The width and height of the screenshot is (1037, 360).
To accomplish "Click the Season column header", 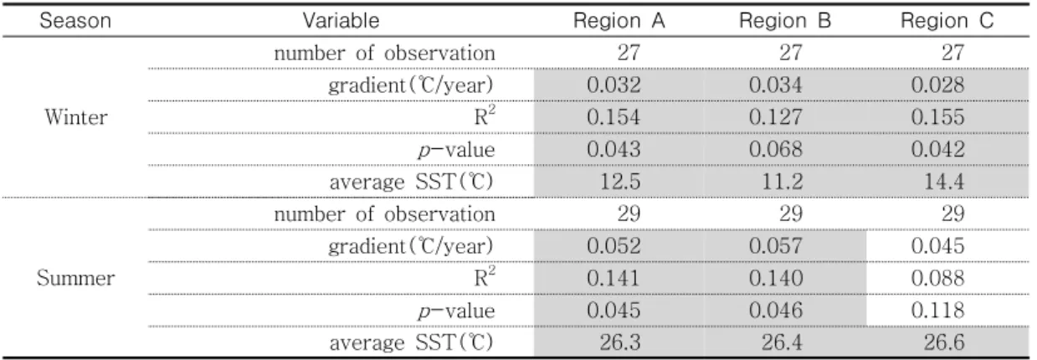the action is click(75, 21).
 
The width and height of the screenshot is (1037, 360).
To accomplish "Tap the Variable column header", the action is click(341, 21).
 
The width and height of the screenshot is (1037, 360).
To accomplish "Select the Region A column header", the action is click(619, 21).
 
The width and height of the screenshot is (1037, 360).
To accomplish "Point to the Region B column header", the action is click(785, 21).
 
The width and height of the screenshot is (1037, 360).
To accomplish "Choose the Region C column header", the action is click(947, 21).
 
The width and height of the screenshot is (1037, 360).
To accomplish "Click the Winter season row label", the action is click(76, 117).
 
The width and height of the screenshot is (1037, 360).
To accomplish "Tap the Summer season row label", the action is click(75, 278).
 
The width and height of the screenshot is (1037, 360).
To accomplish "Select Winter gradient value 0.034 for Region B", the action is click(775, 85).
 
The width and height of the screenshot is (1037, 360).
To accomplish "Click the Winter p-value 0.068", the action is click(775, 149).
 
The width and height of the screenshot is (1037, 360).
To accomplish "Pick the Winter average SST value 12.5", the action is click(620, 182).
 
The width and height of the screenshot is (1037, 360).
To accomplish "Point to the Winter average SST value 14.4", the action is click(944, 182).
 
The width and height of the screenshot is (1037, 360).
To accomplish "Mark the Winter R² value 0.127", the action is click(775, 117).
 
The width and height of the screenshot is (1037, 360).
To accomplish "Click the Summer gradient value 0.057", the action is click(775, 246).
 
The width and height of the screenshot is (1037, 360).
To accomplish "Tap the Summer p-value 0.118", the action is click(938, 311).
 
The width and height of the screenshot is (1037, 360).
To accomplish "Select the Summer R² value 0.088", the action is click(938, 278).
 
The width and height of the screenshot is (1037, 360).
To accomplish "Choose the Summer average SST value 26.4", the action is click(783, 342).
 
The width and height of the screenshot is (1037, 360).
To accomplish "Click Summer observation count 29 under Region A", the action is click(629, 213).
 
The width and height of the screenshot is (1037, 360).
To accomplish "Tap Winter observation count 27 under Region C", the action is click(952, 53).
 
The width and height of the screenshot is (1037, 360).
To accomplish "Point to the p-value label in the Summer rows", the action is click(456, 311).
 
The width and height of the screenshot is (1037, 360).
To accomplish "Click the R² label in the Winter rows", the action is click(485, 116).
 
